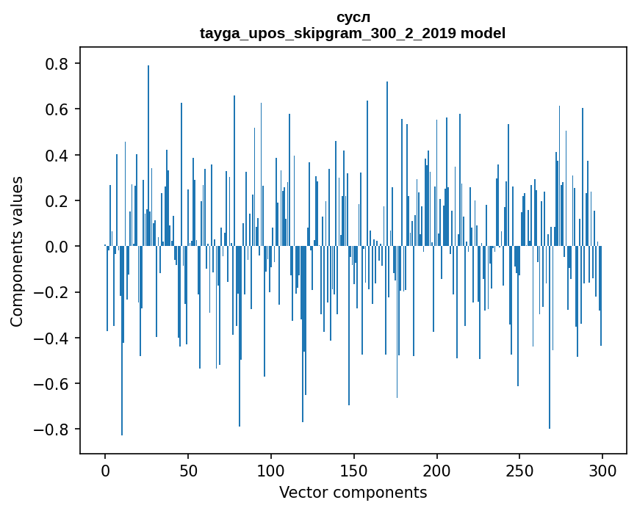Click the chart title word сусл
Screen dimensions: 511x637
(x=353, y=17)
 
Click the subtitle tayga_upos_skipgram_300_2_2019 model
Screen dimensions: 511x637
(x=353, y=33)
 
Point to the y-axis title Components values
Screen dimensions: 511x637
(x=17, y=251)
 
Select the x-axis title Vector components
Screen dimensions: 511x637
(x=353, y=492)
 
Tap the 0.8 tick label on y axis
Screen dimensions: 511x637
(x=57, y=64)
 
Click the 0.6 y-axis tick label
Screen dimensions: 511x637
(x=57, y=109)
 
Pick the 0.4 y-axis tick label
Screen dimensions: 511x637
(x=57, y=156)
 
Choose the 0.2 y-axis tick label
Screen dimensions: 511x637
(x=57, y=201)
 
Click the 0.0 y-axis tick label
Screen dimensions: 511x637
(x=57, y=247)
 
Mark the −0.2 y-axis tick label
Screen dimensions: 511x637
(x=51, y=292)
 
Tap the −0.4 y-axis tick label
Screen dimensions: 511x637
(x=51, y=338)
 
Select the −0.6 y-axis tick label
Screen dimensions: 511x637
(x=51, y=383)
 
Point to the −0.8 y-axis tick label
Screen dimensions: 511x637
(x=51, y=430)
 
